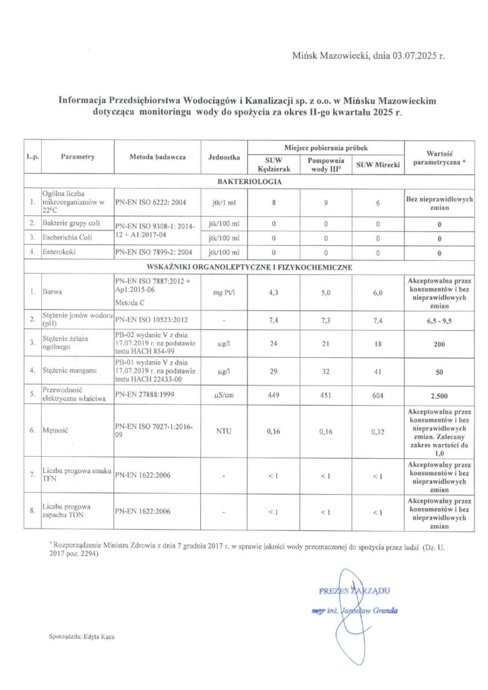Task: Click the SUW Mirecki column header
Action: coord(378,164)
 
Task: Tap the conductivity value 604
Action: coord(378,396)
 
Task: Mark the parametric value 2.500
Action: coord(439,396)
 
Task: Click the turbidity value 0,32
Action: coord(378,432)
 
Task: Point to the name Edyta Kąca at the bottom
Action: coord(99,635)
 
